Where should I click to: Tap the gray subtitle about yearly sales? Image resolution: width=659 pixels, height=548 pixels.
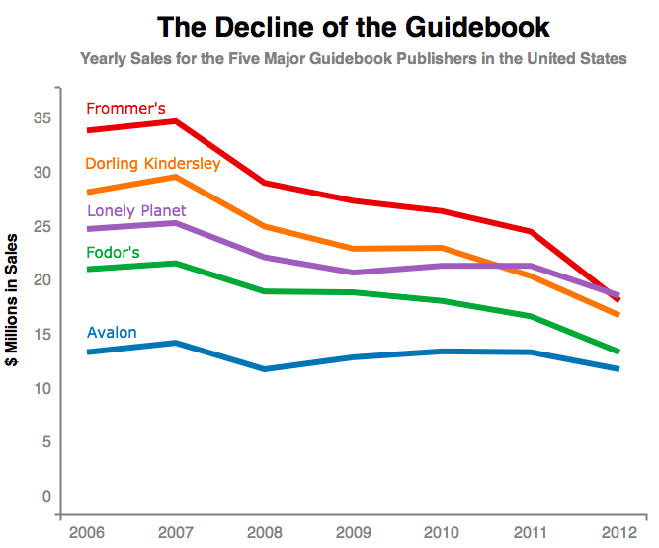coord(353,59)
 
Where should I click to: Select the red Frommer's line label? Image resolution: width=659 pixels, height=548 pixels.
coord(125,109)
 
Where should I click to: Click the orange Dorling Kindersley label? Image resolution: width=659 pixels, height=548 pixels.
coord(153,163)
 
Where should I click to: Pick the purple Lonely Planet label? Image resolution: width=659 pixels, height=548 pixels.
coord(136,210)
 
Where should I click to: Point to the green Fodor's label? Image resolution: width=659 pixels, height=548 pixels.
coord(113,253)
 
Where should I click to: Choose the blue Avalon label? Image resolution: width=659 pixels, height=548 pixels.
coord(112,333)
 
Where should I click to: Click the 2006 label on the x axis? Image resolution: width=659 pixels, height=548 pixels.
coord(87,533)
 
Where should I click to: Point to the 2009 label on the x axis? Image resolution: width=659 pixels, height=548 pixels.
coord(354,533)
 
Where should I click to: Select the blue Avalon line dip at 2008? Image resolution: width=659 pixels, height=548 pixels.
coord(265,369)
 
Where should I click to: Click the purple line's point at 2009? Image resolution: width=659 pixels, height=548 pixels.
coord(354,273)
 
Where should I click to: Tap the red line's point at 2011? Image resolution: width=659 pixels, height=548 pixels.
coord(531,232)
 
